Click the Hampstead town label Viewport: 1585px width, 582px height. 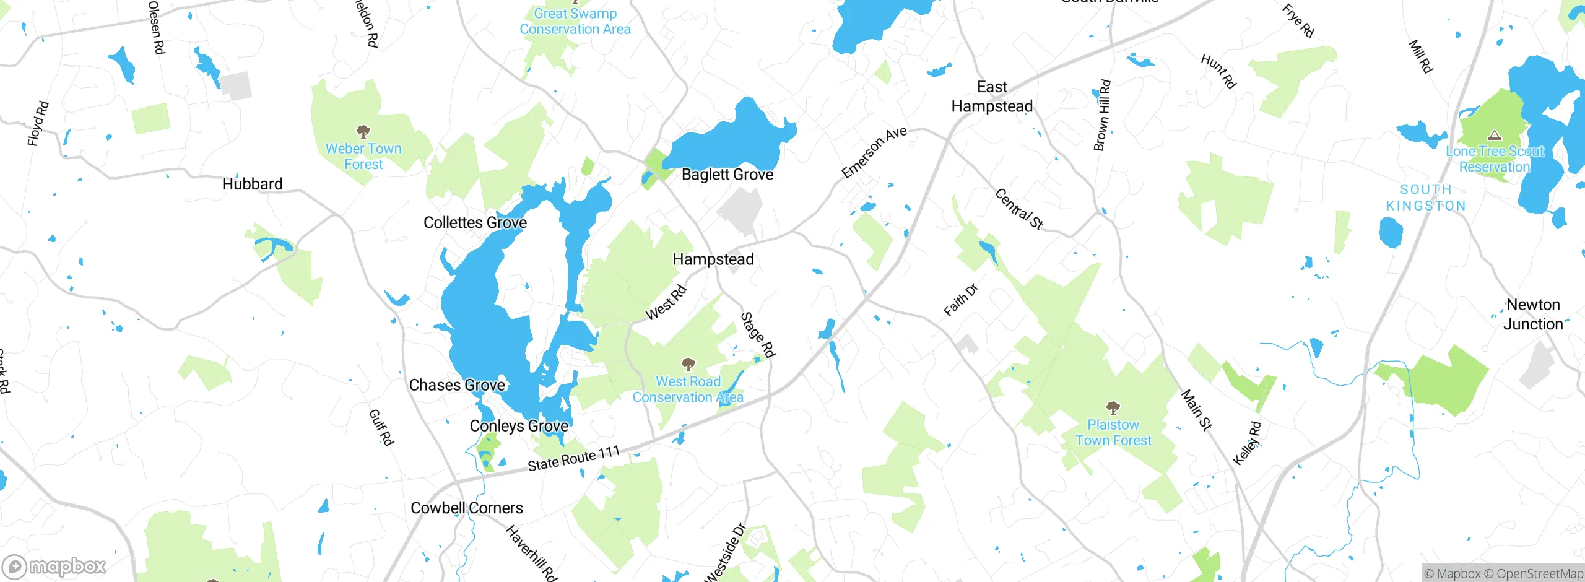click(713, 259)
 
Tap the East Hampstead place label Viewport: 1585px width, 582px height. click(992, 97)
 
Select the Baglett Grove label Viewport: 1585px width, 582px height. click(727, 175)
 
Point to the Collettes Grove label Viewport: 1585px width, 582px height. click(475, 223)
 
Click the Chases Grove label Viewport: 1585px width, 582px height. click(457, 385)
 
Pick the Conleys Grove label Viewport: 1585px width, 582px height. click(519, 426)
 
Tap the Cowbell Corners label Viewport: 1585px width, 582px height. click(467, 508)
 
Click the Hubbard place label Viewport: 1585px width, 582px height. click(252, 184)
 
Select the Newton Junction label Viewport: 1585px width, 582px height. click(1533, 314)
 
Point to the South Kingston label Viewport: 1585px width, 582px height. click(1426, 198)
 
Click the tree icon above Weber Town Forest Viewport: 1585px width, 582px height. click(363, 131)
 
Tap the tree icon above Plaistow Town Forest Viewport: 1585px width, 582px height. click(1113, 407)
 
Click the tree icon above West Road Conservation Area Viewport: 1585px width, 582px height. click(688, 364)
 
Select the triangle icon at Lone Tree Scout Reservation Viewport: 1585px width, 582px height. click(1495, 134)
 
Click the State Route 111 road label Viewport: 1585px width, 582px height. click(573, 459)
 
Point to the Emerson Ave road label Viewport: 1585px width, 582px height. click(874, 152)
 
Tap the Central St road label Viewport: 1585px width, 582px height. click(1019, 209)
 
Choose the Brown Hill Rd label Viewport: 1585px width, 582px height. click(1102, 115)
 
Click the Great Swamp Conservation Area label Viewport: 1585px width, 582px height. click(575, 21)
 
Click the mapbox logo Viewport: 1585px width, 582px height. click(54, 567)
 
